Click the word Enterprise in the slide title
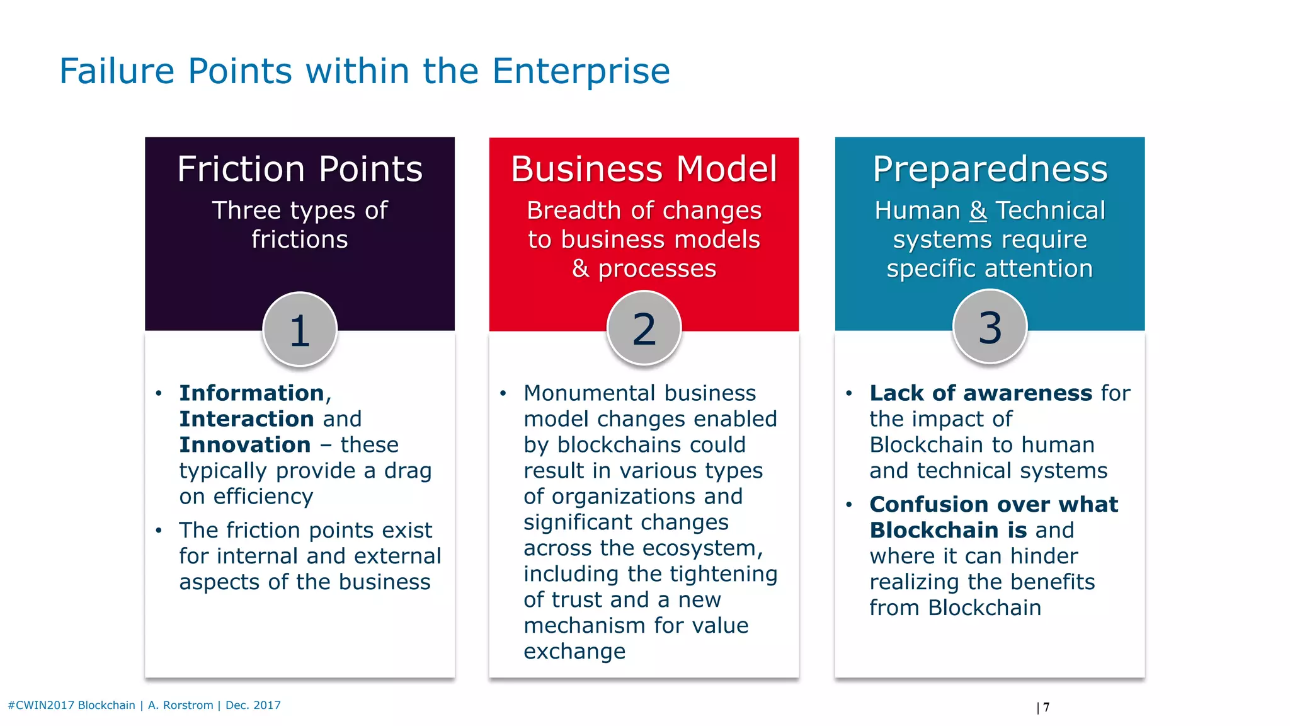click(x=580, y=71)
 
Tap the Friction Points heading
click(x=300, y=169)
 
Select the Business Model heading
click(x=644, y=169)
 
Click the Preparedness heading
click(x=990, y=169)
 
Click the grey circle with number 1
click(x=300, y=330)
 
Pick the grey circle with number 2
click(x=644, y=328)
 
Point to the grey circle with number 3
click(x=990, y=327)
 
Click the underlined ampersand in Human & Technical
click(x=978, y=210)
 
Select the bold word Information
click(x=251, y=393)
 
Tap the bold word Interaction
click(x=246, y=419)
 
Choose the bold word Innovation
click(x=244, y=445)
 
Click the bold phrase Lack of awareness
click(x=981, y=393)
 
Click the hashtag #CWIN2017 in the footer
click(x=41, y=705)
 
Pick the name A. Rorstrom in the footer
click(x=181, y=705)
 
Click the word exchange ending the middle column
click(x=574, y=652)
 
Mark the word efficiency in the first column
click(x=263, y=497)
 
